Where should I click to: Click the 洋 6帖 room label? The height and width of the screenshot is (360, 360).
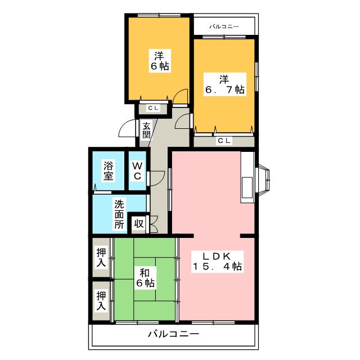(160, 61)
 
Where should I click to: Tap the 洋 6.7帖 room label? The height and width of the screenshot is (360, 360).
(225, 84)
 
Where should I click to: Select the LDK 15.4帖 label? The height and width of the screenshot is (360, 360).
(217, 261)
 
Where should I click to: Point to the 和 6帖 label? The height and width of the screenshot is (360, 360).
(145, 277)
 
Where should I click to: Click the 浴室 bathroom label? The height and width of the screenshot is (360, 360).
(108, 170)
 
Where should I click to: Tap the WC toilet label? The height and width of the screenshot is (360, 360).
(137, 170)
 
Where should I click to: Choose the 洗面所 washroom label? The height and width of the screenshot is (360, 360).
(119, 214)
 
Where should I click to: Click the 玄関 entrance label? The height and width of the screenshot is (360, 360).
(146, 130)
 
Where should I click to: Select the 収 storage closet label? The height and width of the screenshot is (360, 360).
(139, 223)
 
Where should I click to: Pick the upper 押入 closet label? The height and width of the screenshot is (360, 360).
(101, 258)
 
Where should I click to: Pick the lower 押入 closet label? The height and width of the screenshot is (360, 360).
(101, 300)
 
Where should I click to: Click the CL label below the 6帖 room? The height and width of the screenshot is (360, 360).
(154, 108)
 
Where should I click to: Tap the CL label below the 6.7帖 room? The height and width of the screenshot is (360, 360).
(224, 140)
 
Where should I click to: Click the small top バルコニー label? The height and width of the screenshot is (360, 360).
(224, 26)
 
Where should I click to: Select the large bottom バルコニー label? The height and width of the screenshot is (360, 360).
(173, 334)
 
